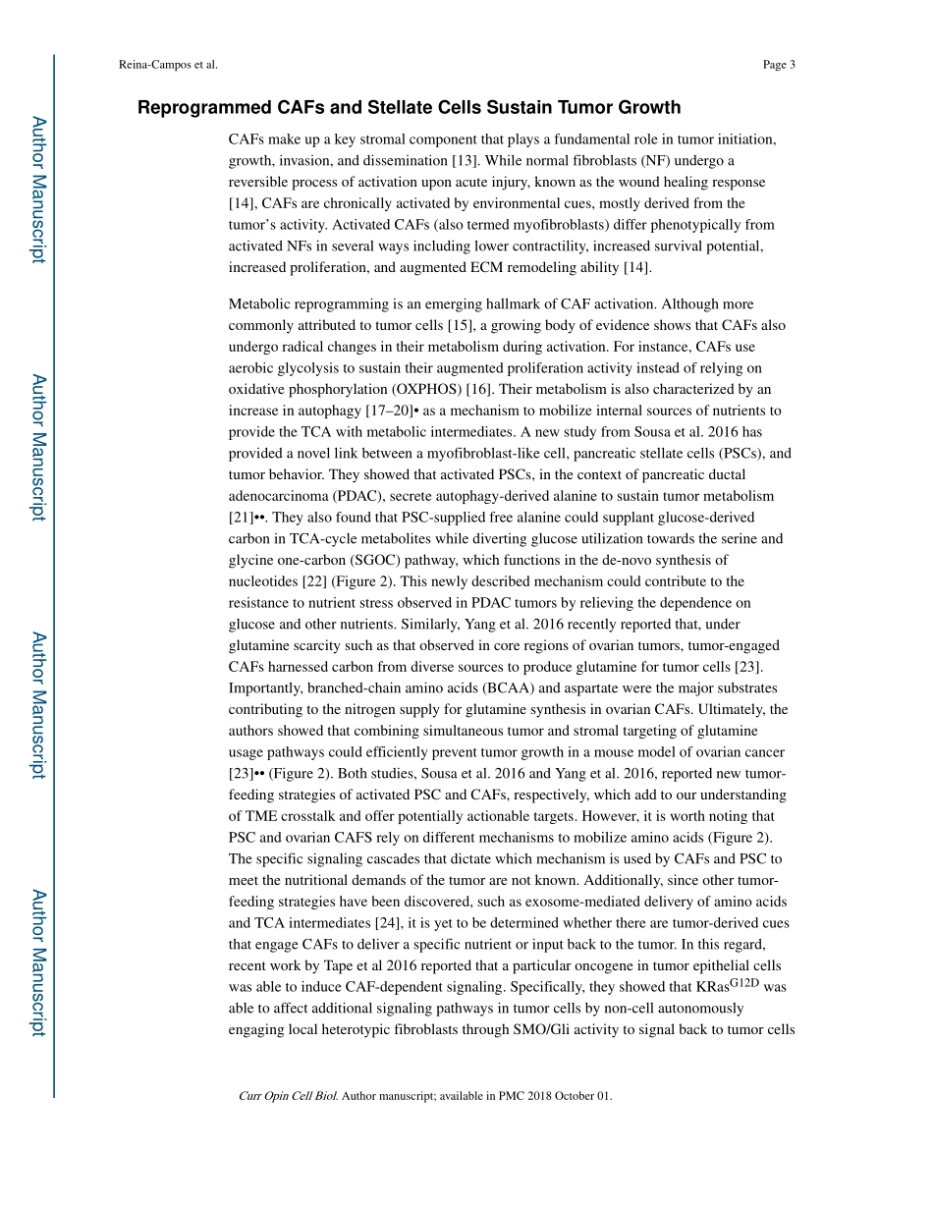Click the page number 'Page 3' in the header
click(x=778, y=65)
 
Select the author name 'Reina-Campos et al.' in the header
click(x=167, y=65)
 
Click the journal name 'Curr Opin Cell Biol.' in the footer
click(x=288, y=1096)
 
